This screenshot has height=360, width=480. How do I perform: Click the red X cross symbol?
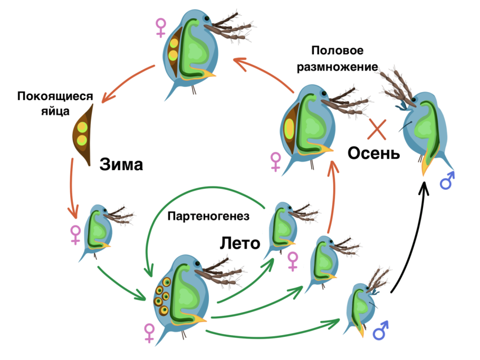[377, 130]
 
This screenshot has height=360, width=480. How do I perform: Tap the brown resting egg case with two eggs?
[83, 134]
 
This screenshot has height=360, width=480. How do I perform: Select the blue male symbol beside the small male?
[380, 330]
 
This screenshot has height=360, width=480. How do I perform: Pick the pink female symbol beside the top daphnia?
[160, 28]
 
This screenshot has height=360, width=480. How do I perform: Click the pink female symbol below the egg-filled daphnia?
[149, 333]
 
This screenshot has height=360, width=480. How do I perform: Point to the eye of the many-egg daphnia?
[197, 262]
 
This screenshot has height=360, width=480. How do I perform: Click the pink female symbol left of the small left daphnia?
[75, 235]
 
